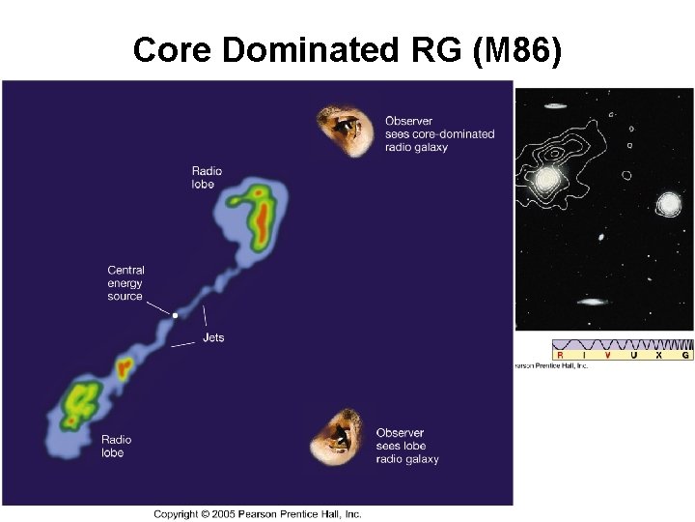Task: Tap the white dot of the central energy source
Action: click(x=175, y=315)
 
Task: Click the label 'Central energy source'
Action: click(x=125, y=283)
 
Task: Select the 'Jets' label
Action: click(x=213, y=338)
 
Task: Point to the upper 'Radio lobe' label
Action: click(x=207, y=178)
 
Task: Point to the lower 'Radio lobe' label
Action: click(x=117, y=447)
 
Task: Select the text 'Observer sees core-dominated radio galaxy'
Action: click(x=439, y=134)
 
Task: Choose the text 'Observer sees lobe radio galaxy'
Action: click(x=407, y=446)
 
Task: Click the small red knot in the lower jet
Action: click(x=123, y=367)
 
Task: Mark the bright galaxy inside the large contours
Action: click(x=547, y=179)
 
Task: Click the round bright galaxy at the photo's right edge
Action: click(x=668, y=204)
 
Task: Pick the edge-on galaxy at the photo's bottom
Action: click(x=592, y=302)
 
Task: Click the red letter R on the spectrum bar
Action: click(x=561, y=356)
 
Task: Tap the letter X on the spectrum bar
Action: click(x=659, y=356)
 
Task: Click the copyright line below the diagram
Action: click(x=257, y=513)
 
